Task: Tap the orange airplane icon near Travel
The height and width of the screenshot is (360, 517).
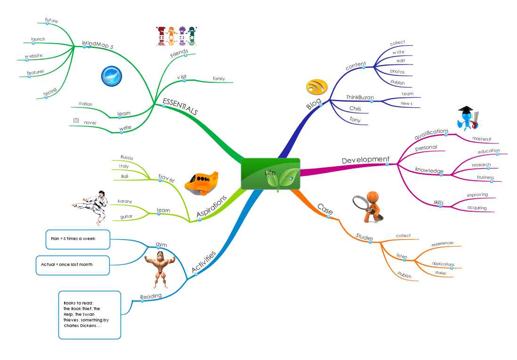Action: pyautogui.click(x=202, y=183)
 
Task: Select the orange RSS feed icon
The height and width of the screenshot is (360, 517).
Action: pyautogui.click(x=317, y=87)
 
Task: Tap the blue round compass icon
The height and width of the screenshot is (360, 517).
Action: pyautogui.click(x=112, y=76)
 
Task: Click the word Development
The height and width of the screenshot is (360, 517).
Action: pyautogui.click(x=365, y=160)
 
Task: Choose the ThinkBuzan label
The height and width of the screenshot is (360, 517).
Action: pyautogui.click(x=360, y=97)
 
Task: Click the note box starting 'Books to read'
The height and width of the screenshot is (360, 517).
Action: pyautogui.click(x=89, y=315)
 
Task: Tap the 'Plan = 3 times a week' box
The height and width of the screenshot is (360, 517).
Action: pyautogui.click(x=78, y=239)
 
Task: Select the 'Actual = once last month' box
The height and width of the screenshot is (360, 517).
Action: pyautogui.click(x=73, y=264)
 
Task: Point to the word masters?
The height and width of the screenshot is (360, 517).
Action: pyautogui.click(x=482, y=139)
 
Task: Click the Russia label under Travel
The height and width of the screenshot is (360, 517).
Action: pyautogui.click(x=127, y=157)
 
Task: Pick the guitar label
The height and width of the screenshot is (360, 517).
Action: pyautogui.click(x=126, y=216)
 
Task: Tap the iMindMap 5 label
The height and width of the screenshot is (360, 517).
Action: pyautogui.click(x=98, y=44)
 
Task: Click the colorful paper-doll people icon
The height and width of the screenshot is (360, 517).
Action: pyautogui.click(x=175, y=36)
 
